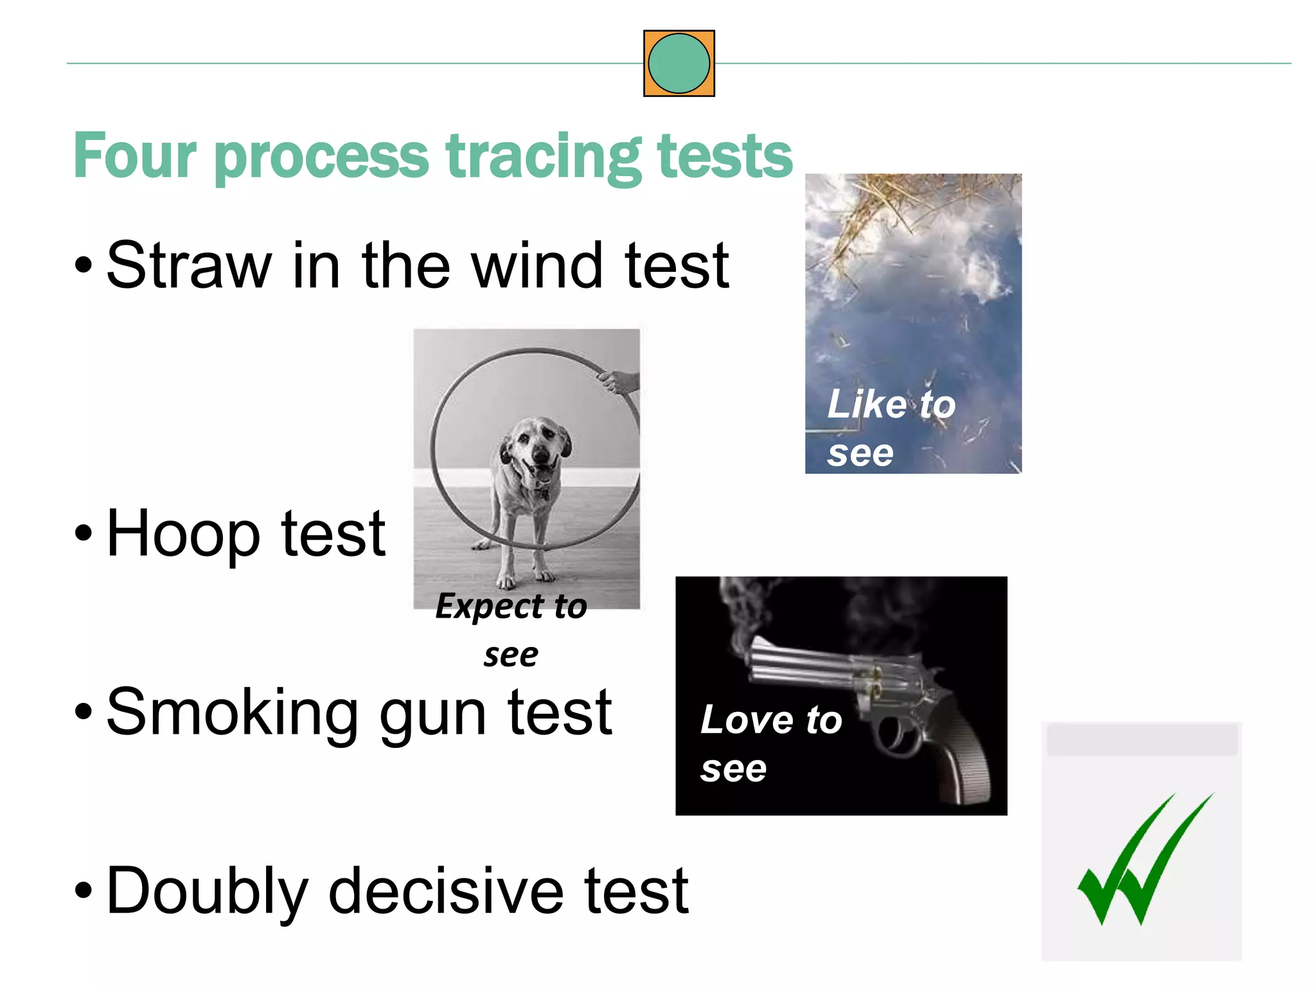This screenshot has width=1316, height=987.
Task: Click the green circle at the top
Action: point(679,64)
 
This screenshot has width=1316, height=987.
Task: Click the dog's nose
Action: point(541,455)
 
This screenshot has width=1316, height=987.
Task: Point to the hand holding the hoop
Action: point(618,382)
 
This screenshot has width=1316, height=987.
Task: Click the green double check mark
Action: point(1144,861)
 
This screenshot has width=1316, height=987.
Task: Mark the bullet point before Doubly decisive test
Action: point(84,891)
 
